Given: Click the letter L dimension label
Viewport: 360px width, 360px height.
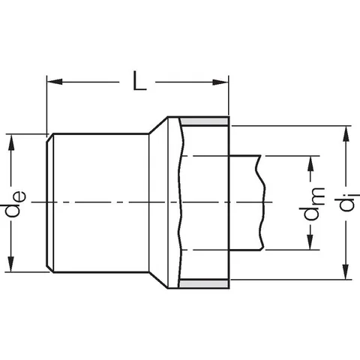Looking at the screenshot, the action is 139,81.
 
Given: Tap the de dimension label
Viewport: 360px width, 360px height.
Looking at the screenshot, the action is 16,204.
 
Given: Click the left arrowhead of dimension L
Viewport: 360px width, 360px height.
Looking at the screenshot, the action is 55,82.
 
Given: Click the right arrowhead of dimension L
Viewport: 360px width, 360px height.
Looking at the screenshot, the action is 220,82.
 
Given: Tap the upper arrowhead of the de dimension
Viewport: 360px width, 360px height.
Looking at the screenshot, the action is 11,142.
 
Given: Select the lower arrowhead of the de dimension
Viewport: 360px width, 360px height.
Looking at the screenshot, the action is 11,264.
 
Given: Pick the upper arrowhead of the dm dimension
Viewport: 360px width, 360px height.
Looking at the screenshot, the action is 310,164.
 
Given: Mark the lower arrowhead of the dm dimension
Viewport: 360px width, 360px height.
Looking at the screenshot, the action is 310,241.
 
